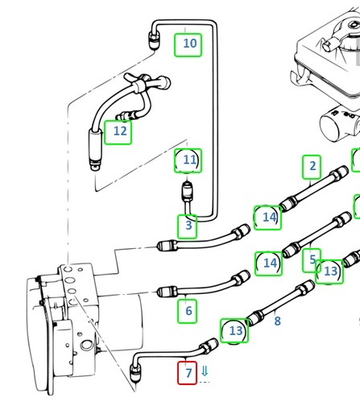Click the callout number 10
pyautogui.click(x=188, y=45)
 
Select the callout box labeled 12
pyautogui.click(x=118, y=132)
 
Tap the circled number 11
pyautogui.click(x=188, y=160)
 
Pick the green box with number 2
pyautogui.click(x=312, y=167)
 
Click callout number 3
pyautogui.click(x=188, y=226)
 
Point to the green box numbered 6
pyautogui.click(x=188, y=311)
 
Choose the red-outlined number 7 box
pyautogui.click(x=188, y=373)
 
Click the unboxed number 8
pyautogui.click(x=278, y=321)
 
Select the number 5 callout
pyautogui.click(x=312, y=260)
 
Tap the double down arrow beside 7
pyautogui.click(x=205, y=371)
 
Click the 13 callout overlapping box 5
pyautogui.click(x=329, y=271)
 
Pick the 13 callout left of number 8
pyautogui.click(x=234, y=331)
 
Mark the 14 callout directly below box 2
pyautogui.click(x=267, y=217)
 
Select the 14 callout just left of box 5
pyautogui.click(x=268, y=263)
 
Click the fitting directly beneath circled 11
pyautogui.click(x=187, y=192)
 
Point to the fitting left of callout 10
pyautogui.click(x=155, y=40)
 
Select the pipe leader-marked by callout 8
pyautogui.click(x=279, y=302)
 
